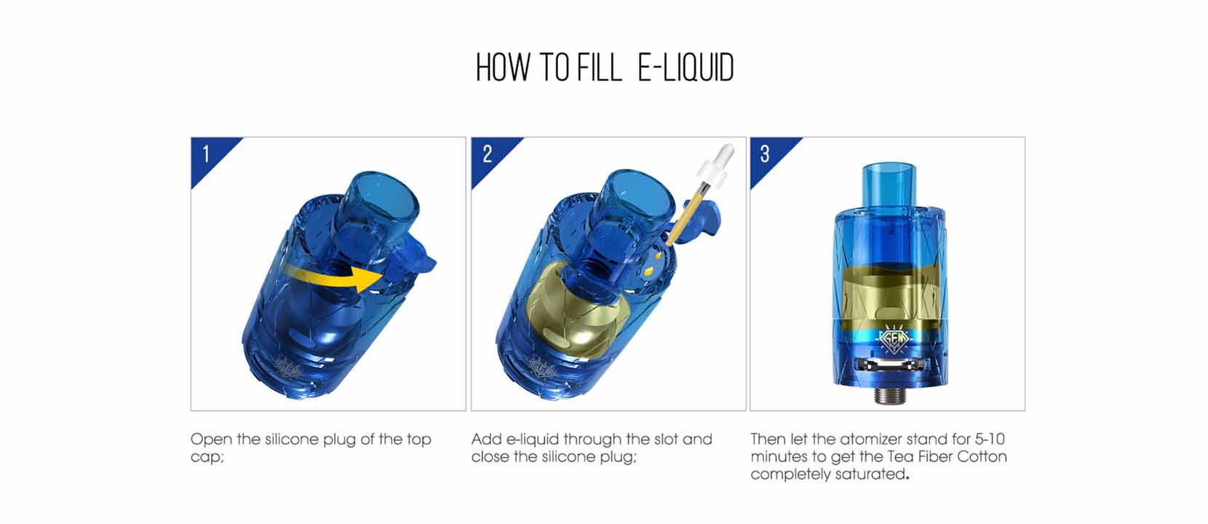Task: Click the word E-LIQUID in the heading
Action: pyautogui.click(x=686, y=68)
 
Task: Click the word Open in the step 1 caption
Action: pyautogui.click(x=211, y=440)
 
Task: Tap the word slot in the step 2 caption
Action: pyautogui.click(x=666, y=440)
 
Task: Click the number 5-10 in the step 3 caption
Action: pyautogui.click(x=990, y=440)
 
